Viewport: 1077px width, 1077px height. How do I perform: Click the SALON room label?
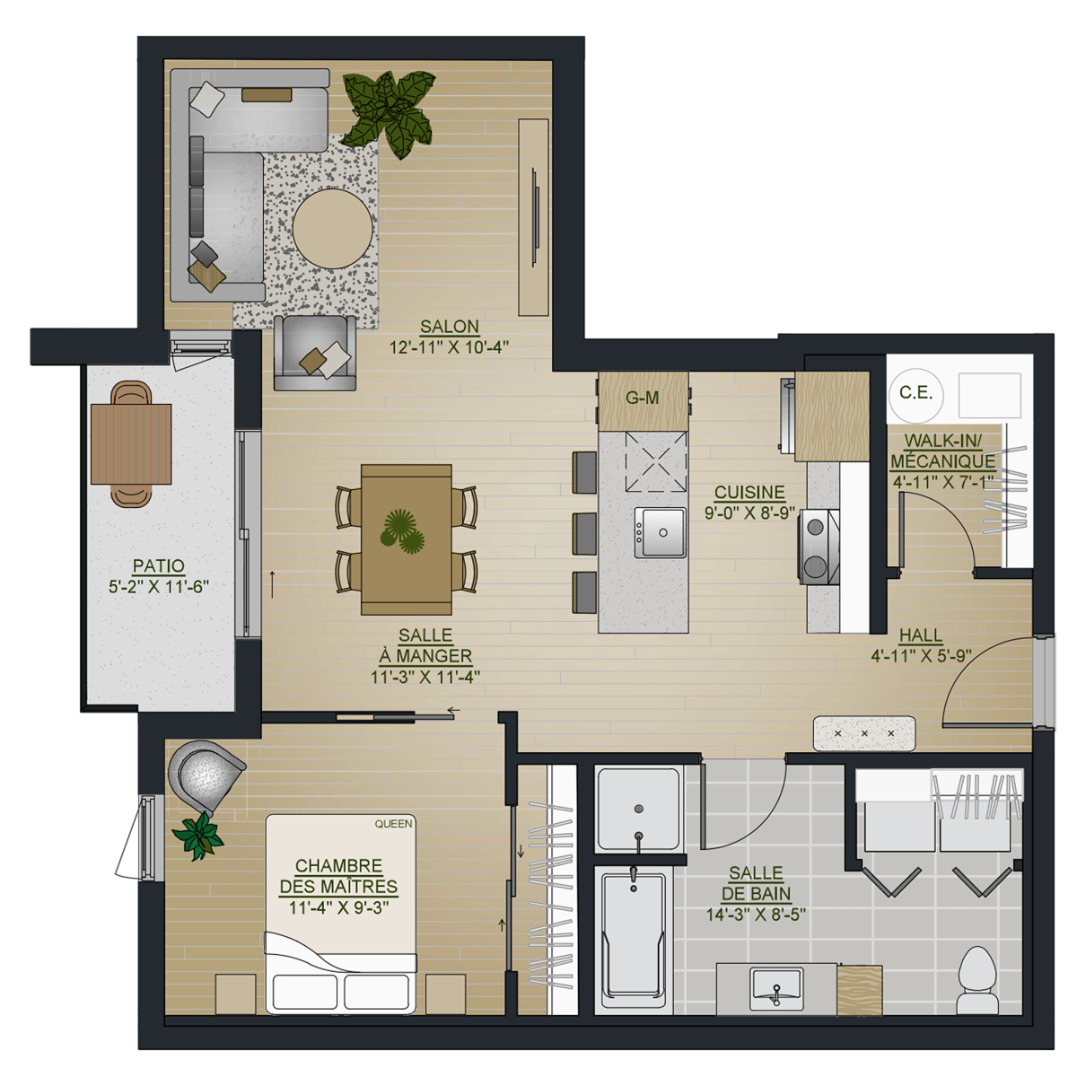[x=450, y=327]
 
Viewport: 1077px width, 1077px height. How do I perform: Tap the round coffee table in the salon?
[x=333, y=229]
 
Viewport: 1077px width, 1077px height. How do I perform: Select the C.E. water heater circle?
[x=915, y=394]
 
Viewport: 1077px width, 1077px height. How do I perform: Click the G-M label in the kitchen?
[x=643, y=398]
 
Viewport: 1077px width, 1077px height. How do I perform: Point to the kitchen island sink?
[x=660, y=532]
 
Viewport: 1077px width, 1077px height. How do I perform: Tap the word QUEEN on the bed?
[x=393, y=824]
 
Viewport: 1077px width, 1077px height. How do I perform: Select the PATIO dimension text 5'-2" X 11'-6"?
[x=158, y=587]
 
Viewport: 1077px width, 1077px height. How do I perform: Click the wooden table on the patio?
[x=131, y=443]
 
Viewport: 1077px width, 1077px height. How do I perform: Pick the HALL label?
[x=921, y=635]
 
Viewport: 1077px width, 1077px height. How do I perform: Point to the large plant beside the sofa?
[x=389, y=113]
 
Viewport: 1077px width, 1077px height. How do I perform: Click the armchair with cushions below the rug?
[x=315, y=354]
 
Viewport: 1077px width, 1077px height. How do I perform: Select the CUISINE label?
[x=749, y=492]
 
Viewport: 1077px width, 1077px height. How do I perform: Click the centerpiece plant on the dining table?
[x=402, y=531]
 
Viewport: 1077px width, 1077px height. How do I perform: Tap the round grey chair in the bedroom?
[x=205, y=776]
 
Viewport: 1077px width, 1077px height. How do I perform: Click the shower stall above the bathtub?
[x=639, y=810]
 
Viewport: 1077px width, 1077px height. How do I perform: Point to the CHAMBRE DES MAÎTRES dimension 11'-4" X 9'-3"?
[x=338, y=907]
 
